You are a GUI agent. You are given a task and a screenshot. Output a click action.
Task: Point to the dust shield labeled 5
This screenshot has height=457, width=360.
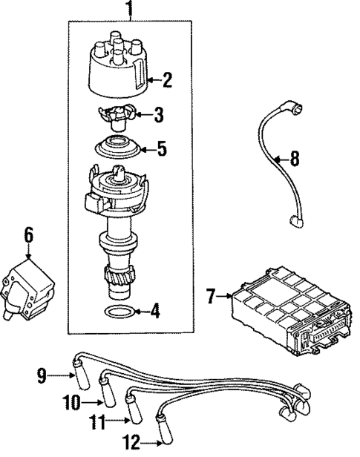[118, 148]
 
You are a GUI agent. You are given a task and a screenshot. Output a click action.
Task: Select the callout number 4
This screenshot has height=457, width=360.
[154, 312]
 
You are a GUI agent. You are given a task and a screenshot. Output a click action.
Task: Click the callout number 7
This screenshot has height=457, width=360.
[210, 297]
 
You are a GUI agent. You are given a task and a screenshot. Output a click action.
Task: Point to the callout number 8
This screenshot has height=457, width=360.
[295, 157]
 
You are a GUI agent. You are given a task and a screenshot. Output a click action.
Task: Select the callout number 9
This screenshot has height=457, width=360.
[42, 376]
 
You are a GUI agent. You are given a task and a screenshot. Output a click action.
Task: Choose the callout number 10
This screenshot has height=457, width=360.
[71, 403]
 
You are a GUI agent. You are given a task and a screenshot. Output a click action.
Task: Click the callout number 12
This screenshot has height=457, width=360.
[131, 444]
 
